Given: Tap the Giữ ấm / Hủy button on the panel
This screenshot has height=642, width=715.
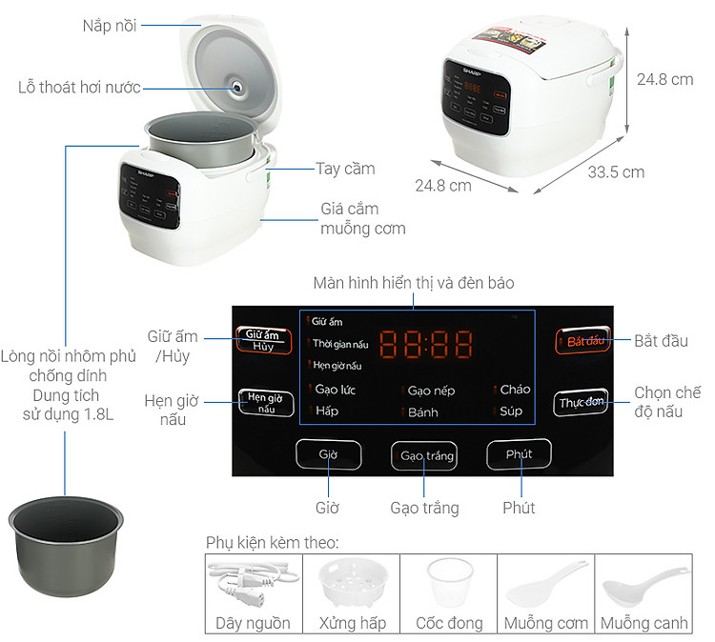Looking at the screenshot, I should coord(264,340).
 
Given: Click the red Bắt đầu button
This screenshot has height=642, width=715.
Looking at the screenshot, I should coord(584,341).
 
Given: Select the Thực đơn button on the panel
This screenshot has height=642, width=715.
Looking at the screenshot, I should coord(581,403).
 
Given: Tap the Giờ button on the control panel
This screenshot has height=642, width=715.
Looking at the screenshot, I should coord(328,455).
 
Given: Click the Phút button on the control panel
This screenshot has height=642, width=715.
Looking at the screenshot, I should coord(519,455).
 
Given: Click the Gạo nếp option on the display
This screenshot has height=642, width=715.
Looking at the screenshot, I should coord(430,391).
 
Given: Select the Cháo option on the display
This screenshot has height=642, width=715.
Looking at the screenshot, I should coord(514,389).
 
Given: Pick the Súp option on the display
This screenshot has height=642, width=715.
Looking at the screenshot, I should coord(511,411).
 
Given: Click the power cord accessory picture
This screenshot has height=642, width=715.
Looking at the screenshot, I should coord(253,583).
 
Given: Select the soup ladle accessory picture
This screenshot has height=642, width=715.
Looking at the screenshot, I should coord(643,583).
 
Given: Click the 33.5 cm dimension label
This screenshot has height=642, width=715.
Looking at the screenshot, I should coord(615,172).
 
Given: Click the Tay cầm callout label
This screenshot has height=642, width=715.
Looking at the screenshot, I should coord(345,169).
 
